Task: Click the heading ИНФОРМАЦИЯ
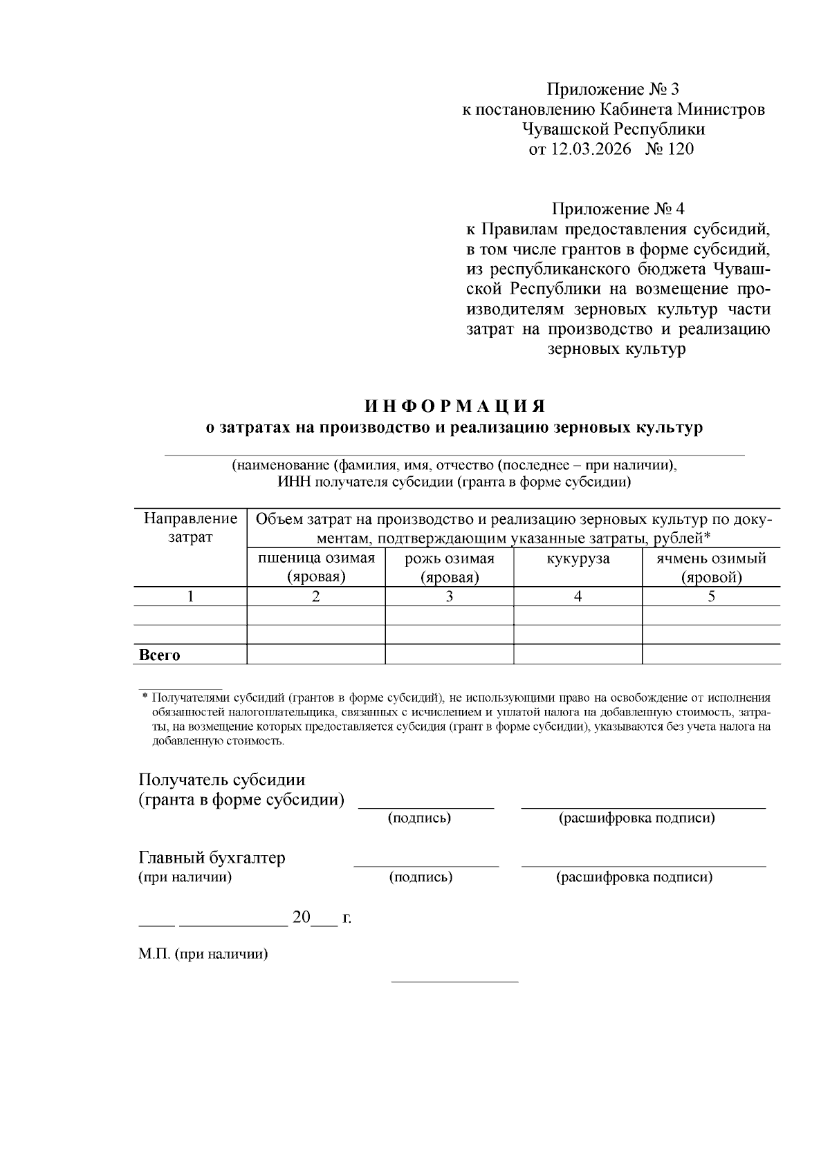[x=455, y=405]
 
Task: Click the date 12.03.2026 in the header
[x=591, y=149]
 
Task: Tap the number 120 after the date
[x=681, y=149]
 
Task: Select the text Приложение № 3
[x=613, y=89]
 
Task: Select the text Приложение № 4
[x=617, y=209]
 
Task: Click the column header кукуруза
[x=578, y=559]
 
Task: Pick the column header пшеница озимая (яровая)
[x=316, y=567]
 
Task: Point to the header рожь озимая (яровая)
[x=449, y=567]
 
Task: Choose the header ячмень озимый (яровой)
[x=711, y=567]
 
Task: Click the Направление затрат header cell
[x=190, y=527]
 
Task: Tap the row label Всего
[x=160, y=655]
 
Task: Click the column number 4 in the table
[x=578, y=597]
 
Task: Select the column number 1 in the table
[x=190, y=597]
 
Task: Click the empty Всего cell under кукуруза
[x=578, y=655]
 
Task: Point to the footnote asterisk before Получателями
[x=145, y=697]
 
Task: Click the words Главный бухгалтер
[x=212, y=858]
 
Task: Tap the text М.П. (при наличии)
[x=203, y=955]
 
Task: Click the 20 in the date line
[x=302, y=917]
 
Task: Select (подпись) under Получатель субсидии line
[x=419, y=818]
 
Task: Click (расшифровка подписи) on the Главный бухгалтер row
[x=634, y=878]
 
